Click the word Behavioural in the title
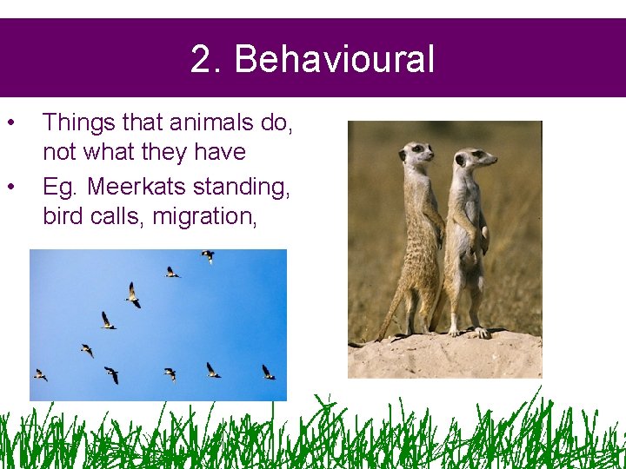pyautogui.click(x=334, y=60)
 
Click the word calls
pyautogui.click(x=118, y=215)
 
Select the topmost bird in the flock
pyautogui.click(x=208, y=255)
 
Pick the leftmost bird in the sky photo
pyautogui.click(x=40, y=374)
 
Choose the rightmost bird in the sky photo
pyautogui.click(x=268, y=373)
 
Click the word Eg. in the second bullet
pyautogui.click(x=60, y=186)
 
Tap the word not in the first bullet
pyautogui.click(x=59, y=152)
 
